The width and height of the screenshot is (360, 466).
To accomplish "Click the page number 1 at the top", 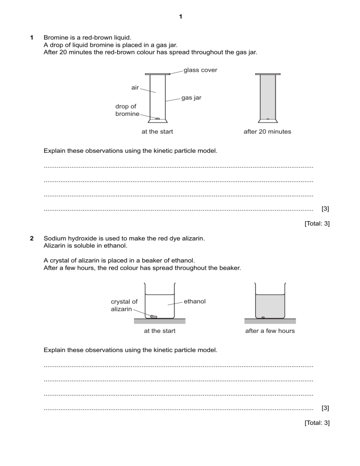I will (180, 17).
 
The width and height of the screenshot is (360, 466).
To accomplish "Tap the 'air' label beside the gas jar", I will (135, 88).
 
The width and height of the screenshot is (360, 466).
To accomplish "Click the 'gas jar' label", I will (191, 98).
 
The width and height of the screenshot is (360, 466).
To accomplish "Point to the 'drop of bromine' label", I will (127, 110).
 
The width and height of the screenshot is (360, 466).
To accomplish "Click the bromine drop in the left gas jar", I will (157, 118).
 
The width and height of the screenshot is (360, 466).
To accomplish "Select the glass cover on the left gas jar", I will (157, 74).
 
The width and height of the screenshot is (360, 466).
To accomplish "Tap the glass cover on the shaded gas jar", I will (268, 74).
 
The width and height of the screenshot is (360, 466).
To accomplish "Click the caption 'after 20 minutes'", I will (267, 132).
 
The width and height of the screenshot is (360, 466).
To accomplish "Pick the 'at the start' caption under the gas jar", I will (157, 132).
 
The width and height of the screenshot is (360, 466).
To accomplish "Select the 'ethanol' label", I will (195, 301).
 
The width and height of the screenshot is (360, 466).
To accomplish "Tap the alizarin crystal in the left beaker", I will (153, 317).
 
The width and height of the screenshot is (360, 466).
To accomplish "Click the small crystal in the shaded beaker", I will (263, 317).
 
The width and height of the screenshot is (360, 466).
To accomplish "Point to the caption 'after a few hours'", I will (270, 331).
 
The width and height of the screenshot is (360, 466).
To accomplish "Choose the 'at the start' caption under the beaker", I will (159, 331).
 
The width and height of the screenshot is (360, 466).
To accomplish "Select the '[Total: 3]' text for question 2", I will (317, 423).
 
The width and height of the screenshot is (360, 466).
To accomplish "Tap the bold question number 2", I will (31, 239).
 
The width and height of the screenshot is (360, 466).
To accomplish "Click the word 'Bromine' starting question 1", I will (56, 37).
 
